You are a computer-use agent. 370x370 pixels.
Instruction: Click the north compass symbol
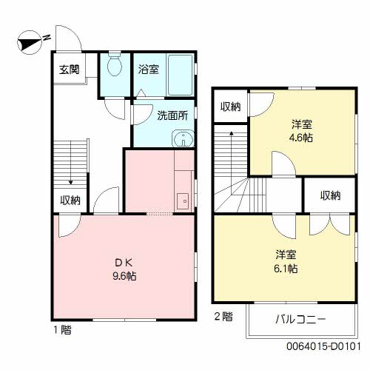[x=30, y=42]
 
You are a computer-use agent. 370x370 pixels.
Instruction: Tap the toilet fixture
[x=115, y=64]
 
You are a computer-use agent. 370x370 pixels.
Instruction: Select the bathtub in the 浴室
[x=180, y=75]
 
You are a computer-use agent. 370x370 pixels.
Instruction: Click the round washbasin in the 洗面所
[x=184, y=139]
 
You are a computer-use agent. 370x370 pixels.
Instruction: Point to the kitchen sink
[x=183, y=201]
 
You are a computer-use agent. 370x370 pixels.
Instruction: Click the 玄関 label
[x=69, y=70]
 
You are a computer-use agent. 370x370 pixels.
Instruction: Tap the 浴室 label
[x=148, y=70]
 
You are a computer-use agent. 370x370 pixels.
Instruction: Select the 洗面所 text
[x=172, y=115]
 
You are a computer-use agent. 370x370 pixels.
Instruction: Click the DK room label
[x=124, y=263]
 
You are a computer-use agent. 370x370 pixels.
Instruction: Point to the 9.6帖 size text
[x=124, y=276]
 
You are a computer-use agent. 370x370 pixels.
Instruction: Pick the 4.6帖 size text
[x=301, y=138]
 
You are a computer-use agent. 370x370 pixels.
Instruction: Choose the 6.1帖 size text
[x=286, y=268]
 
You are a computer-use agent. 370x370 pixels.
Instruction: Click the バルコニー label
[x=300, y=319]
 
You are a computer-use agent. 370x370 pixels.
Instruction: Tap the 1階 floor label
[x=63, y=330]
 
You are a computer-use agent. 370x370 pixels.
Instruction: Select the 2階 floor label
[x=223, y=317]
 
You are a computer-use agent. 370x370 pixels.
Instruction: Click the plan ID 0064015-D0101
[x=323, y=346]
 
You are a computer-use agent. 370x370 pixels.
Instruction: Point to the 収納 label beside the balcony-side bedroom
[x=331, y=195]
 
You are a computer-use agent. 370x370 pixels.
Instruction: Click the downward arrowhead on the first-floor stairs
[x=71, y=183]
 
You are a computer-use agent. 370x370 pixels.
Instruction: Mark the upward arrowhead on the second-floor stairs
[x=232, y=133]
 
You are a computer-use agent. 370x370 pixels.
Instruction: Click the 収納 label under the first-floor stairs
[x=70, y=200]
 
